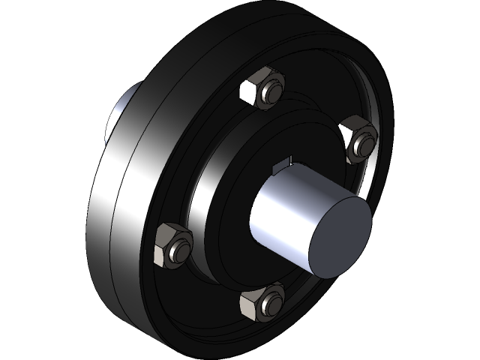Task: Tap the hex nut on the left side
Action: [x=172, y=245]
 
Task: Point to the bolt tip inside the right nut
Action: [x=364, y=140]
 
